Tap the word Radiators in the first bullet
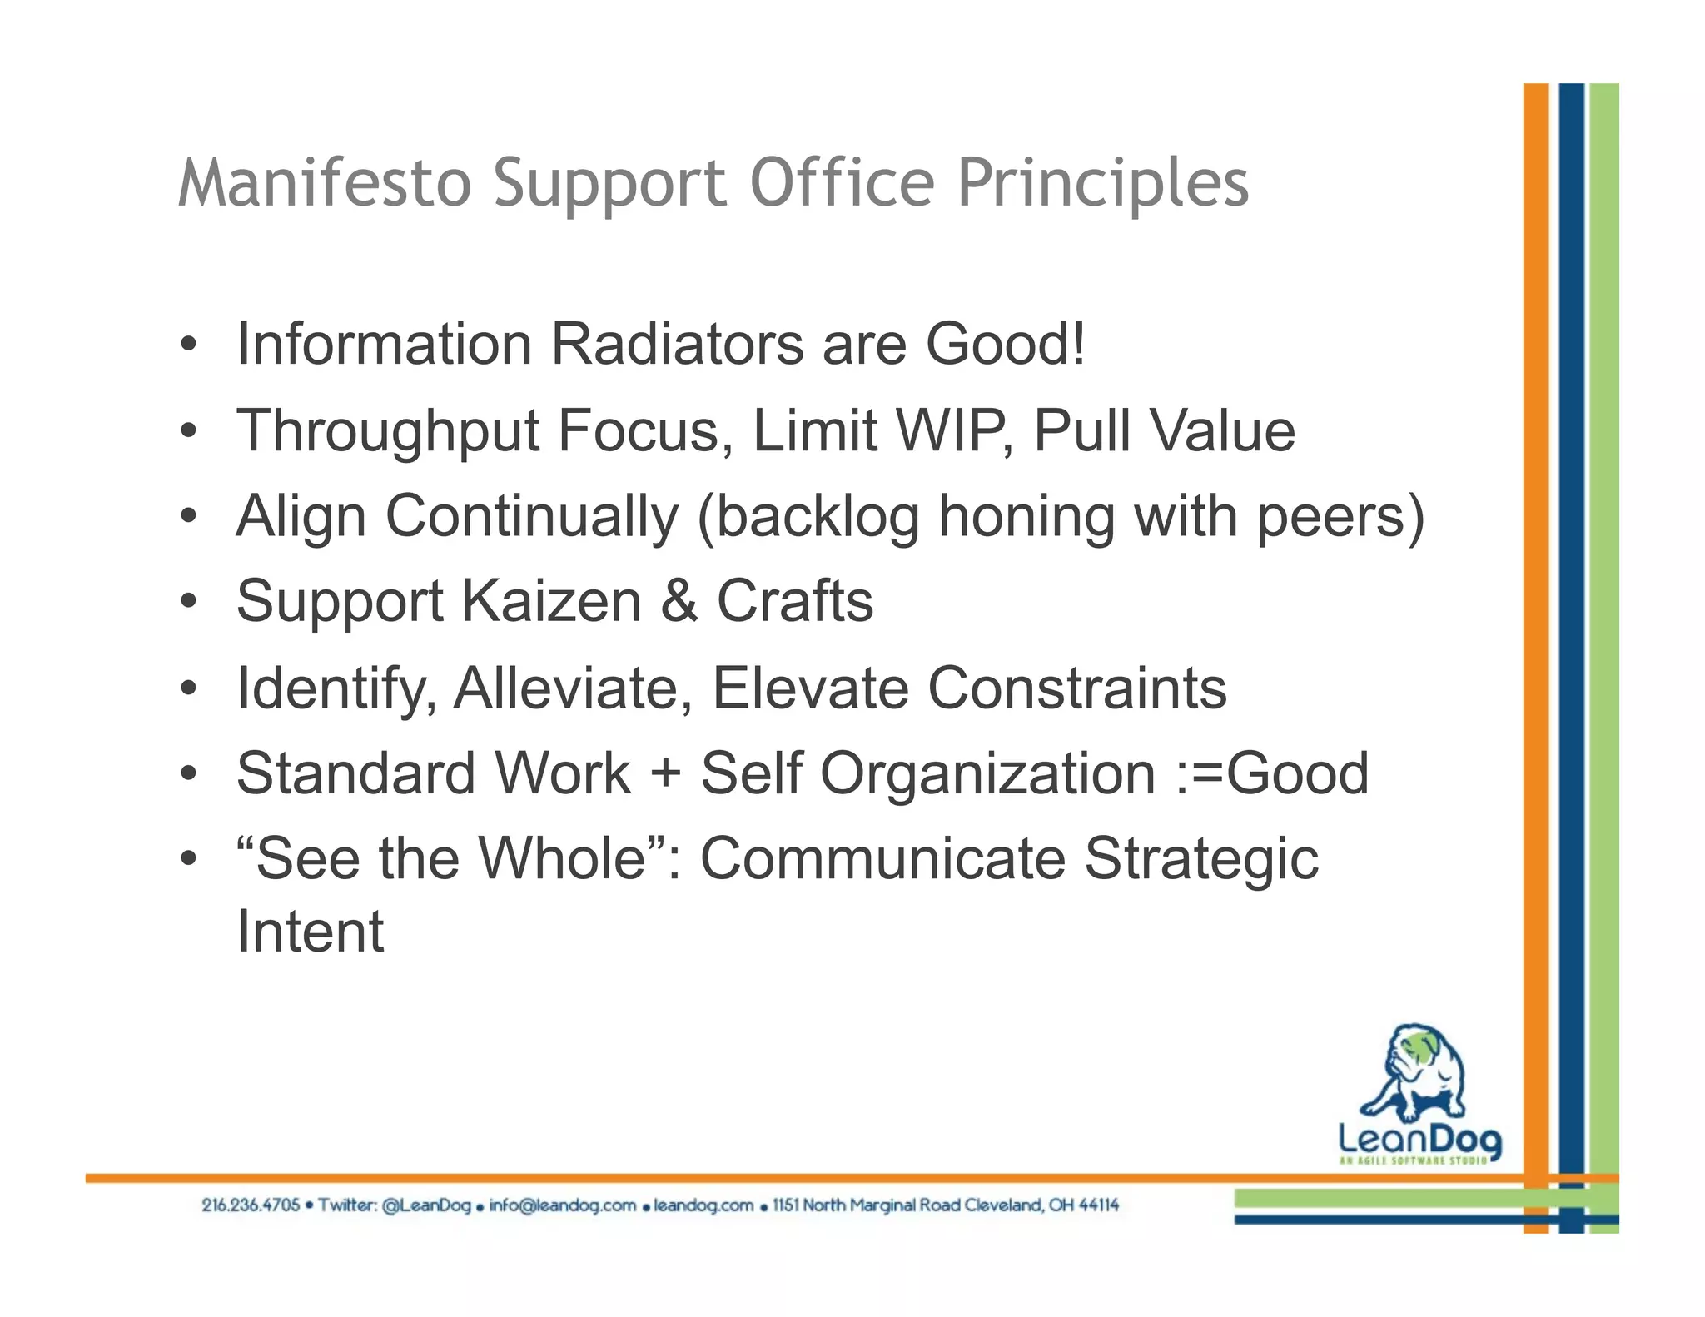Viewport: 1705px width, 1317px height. pyautogui.click(x=678, y=344)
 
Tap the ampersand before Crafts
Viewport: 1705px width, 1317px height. pyautogui.click(x=679, y=601)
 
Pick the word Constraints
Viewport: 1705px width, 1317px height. pyautogui.click(x=1077, y=688)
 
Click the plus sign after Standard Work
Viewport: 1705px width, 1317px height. pyautogui.click(x=666, y=773)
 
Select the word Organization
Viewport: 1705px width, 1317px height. pyautogui.click(x=988, y=773)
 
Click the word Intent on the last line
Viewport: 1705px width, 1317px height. pyautogui.click(x=310, y=931)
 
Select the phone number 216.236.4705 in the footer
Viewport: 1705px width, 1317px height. pyautogui.click(x=250, y=1205)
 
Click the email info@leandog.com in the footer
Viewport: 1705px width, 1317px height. pyautogui.click(x=562, y=1205)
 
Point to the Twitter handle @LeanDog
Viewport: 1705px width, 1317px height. pyautogui.click(x=426, y=1205)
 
